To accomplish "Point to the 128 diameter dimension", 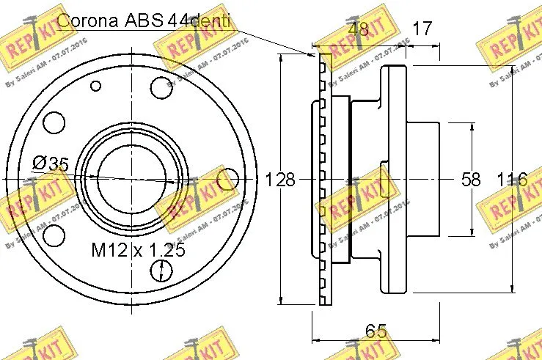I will click(279, 180).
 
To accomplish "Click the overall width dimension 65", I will click(376, 331).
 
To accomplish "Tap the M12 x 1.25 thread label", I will click(137, 250).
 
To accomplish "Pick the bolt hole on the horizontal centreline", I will click(229, 178).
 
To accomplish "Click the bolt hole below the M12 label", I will click(159, 272).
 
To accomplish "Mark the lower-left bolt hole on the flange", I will click(53, 236).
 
